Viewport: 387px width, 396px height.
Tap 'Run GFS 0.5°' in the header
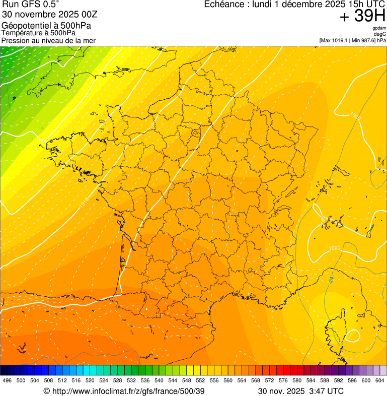pyautogui.click(x=31, y=5)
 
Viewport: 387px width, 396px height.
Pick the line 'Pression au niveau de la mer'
pyautogui.click(x=48, y=40)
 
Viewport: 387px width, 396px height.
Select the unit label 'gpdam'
pyautogui.click(x=379, y=29)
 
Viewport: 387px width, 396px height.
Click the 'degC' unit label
pyautogui.click(x=380, y=34)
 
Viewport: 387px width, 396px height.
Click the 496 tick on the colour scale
pyautogui.click(x=7, y=381)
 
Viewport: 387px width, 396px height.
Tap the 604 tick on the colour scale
pyautogui.click(x=379, y=381)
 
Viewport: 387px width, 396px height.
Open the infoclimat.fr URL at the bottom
pyautogui.click(x=129, y=391)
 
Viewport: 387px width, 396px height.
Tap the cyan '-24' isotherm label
pyautogui.click(x=331, y=279)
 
